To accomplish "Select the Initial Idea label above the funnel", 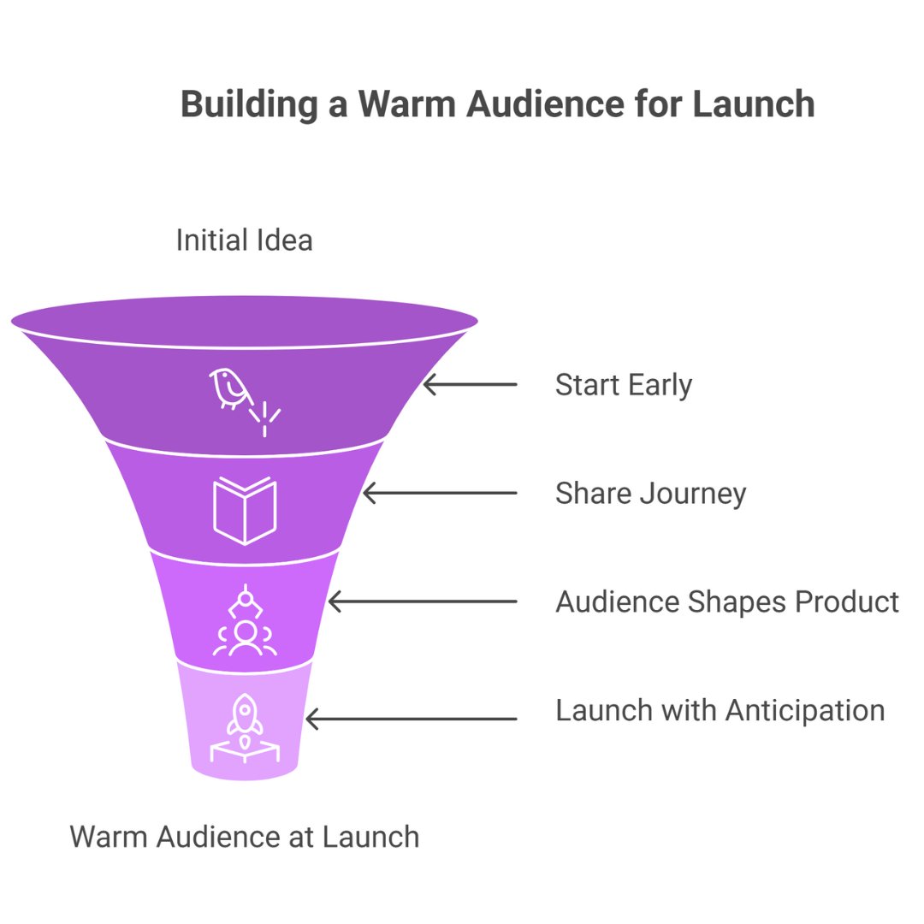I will [x=244, y=240].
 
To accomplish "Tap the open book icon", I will [x=245, y=511].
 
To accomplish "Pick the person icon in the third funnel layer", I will [x=246, y=632].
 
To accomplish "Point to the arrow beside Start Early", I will [x=470, y=385].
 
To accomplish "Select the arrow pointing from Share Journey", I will [x=440, y=494].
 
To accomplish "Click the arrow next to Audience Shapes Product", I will [x=423, y=602].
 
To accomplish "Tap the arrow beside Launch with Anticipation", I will [x=412, y=719].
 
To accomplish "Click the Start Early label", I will [x=623, y=385].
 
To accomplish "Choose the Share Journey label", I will [x=650, y=494].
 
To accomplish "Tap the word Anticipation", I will [x=804, y=710].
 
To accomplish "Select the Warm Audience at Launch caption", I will [x=245, y=836].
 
